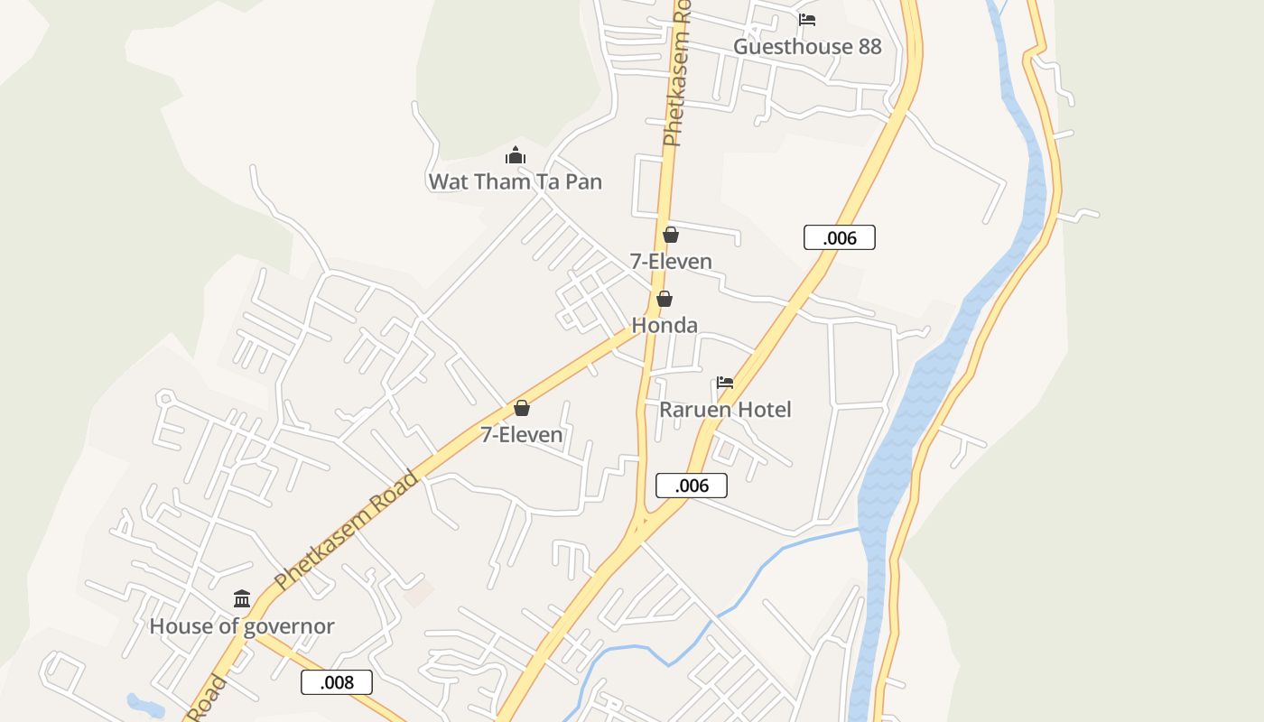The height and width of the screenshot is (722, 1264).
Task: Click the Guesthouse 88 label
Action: [x=807, y=47]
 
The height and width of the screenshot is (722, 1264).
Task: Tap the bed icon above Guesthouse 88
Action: [x=807, y=20]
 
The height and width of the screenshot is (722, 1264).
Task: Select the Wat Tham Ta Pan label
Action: [x=515, y=181]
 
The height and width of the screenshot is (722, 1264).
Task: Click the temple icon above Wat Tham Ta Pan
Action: [x=516, y=155]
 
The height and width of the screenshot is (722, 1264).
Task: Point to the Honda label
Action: [x=665, y=325]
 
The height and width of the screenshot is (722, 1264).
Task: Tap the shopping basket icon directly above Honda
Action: [x=665, y=299]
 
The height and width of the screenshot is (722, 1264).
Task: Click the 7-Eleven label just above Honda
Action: [x=671, y=262]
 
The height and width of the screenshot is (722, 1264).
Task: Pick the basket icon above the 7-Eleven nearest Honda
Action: [x=671, y=235]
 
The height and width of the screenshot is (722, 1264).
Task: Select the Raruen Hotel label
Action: [x=725, y=410]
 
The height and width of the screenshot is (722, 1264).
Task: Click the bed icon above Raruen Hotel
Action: [x=725, y=383]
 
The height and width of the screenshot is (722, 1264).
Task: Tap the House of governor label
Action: [x=242, y=626]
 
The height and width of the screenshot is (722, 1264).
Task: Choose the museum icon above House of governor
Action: [x=242, y=599]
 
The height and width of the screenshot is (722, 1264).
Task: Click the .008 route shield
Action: [x=337, y=682]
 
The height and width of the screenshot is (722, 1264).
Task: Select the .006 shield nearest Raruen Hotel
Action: [x=692, y=486]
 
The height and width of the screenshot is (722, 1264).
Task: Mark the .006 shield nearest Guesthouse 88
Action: [x=840, y=237]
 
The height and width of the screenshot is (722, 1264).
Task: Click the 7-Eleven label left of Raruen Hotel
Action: [x=521, y=435]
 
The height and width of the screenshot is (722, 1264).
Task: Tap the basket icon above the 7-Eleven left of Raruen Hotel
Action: [x=521, y=408]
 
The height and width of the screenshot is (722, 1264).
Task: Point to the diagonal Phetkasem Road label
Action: [x=348, y=531]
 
